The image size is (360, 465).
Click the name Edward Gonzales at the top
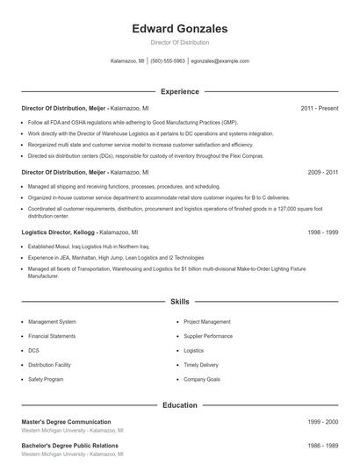coord(179,29)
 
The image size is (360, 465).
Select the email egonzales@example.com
coord(220,61)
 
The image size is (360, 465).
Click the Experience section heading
coord(179,91)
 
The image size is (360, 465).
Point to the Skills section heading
coord(179,301)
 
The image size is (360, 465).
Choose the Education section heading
coord(179,405)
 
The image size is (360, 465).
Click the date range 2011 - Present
coord(319,108)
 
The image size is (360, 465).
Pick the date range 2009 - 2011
coord(322,173)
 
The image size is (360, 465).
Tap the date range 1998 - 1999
coord(322,233)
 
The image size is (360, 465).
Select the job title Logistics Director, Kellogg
coord(58,233)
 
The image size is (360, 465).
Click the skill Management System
coord(52,322)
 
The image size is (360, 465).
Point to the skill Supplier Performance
coord(208,336)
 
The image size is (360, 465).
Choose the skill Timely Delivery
coord(201,364)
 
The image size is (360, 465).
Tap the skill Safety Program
coord(46,379)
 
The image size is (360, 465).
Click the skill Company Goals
coord(202,379)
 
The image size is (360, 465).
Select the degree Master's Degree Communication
coord(66,422)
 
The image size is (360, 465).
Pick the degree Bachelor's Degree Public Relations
coord(69,446)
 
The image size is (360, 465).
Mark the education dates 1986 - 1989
coord(322,446)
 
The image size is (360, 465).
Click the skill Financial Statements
coord(52,336)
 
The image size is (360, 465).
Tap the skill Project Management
coord(207,322)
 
